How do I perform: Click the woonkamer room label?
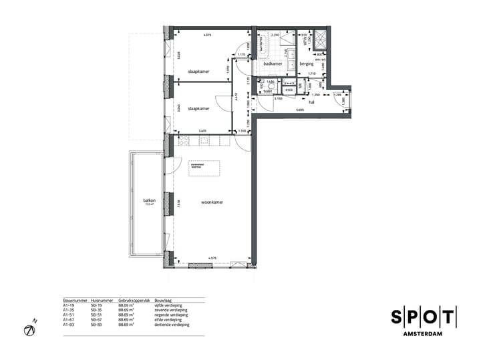212,202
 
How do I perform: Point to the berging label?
307,64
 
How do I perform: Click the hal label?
311,103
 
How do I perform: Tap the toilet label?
268,90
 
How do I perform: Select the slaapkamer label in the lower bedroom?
199,108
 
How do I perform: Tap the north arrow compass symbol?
30,330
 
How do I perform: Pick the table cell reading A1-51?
68,315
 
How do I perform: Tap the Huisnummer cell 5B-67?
96,320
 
